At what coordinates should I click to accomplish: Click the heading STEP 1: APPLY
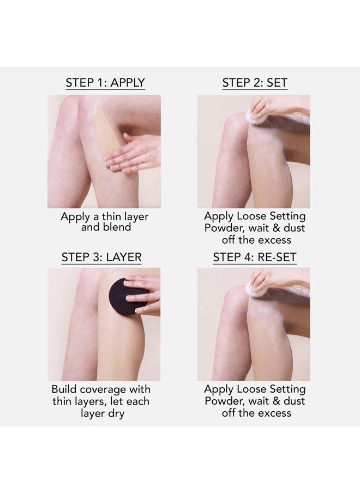pos(105,83)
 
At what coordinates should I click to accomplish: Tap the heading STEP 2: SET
pos(255,83)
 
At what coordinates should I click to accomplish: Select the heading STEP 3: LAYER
pos(105,257)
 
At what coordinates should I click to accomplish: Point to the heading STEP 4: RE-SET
pos(255,257)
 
